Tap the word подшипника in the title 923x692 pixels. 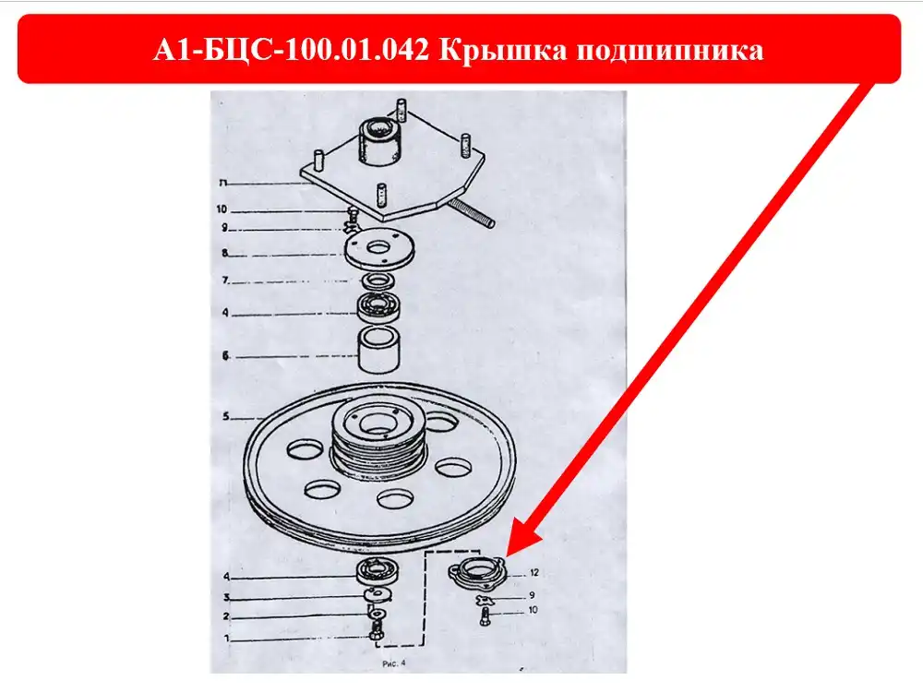tap(669, 51)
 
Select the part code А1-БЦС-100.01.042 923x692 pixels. tap(292, 50)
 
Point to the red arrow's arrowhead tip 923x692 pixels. tap(506, 556)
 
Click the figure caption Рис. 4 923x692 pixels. tap(394, 663)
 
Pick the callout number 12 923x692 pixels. tap(533, 573)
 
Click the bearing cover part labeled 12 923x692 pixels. tap(477, 571)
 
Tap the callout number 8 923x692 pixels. tap(225, 254)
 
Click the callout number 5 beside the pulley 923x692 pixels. tap(226, 417)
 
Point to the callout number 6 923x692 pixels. tap(225, 356)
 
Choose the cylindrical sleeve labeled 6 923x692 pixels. tap(379, 350)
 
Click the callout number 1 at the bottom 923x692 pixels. tap(227, 638)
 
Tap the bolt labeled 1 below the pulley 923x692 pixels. tap(377, 632)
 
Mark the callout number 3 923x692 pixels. tap(227, 598)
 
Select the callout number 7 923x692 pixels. tap(225, 280)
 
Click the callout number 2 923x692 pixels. tap(226, 616)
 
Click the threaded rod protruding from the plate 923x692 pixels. tap(471, 212)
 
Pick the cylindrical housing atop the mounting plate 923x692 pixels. tap(379, 143)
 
